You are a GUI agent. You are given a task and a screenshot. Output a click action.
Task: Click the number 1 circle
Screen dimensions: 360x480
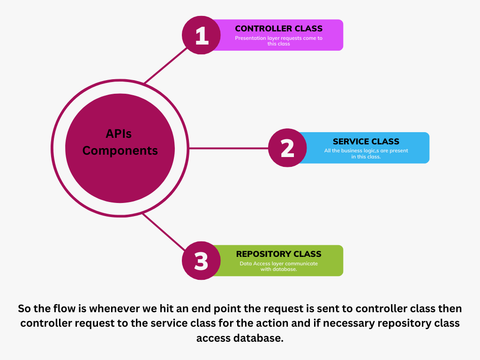click(201, 36)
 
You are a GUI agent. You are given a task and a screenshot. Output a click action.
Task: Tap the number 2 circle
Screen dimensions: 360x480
click(287, 148)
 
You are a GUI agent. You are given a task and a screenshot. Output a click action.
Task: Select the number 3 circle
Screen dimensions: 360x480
click(201, 261)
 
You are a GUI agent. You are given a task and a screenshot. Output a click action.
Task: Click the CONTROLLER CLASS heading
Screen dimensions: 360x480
click(278, 29)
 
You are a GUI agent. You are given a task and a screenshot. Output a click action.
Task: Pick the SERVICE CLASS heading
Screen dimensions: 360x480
click(366, 141)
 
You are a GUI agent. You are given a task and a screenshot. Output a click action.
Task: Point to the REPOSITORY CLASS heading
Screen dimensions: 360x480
click(278, 254)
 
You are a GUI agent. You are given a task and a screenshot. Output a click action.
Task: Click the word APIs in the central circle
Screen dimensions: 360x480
click(119, 134)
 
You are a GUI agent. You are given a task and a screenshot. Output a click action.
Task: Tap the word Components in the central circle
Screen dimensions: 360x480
click(120, 151)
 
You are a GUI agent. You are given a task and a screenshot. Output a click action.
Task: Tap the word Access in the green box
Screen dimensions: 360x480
click(262, 263)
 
